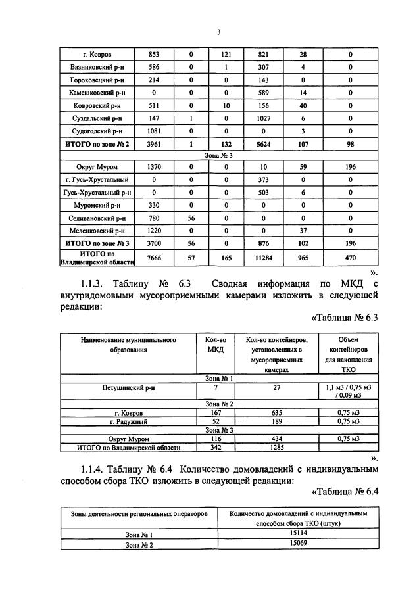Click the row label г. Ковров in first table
point(97,54)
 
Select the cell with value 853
point(154,54)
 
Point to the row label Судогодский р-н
point(97,131)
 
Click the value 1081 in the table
point(154,131)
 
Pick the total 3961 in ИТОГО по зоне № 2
point(154,143)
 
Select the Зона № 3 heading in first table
point(217,155)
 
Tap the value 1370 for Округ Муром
point(154,167)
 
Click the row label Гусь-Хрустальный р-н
point(97,192)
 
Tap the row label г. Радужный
point(128,421)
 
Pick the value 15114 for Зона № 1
point(298,535)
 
